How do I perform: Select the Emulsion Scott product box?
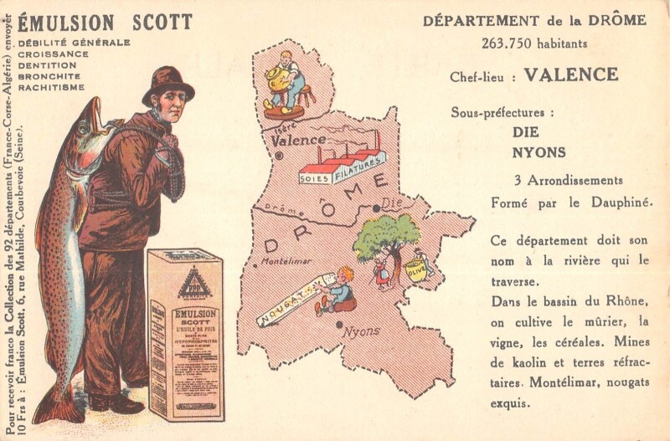click(185, 335)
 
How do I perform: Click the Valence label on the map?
click(298, 141)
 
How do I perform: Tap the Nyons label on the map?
click(361, 331)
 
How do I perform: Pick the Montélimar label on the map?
click(286, 261)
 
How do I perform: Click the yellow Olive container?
click(415, 269)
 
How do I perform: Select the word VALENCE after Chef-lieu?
click(570, 74)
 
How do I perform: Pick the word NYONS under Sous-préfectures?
click(539, 152)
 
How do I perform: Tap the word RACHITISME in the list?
click(51, 87)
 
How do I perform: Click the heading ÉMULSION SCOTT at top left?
click(105, 21)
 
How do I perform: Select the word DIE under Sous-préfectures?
click(526, 132)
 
